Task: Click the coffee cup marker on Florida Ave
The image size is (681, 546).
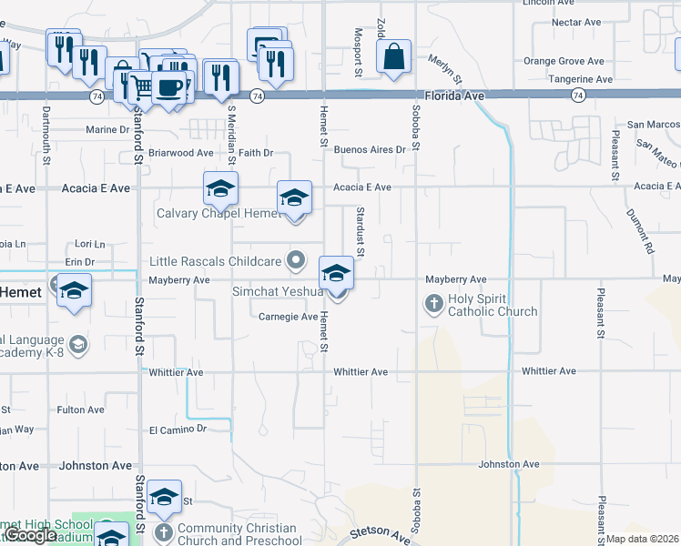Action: coord(168,86)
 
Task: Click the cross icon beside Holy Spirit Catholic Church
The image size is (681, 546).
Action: coord(433,302)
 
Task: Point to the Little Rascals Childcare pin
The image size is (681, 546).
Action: coord(296,261)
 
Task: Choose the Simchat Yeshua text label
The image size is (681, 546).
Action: coord(278,291)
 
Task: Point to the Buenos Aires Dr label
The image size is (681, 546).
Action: coord(369,149)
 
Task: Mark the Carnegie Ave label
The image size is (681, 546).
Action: coord(288,317)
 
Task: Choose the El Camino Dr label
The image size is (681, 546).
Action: coord(178,429)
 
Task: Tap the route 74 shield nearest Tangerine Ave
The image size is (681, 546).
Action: coord(578,95)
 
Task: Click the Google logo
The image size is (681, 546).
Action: coord(33,535)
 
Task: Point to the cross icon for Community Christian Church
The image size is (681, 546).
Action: coord(163,531)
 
